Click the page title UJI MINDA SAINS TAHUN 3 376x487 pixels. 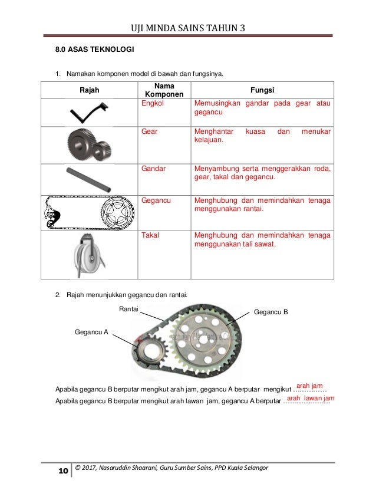(187, 27)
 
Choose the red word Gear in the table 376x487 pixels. (150, 131)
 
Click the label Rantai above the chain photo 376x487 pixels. (129, 308)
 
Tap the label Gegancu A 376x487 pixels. (91, 332)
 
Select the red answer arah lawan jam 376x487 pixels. (310, 399)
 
